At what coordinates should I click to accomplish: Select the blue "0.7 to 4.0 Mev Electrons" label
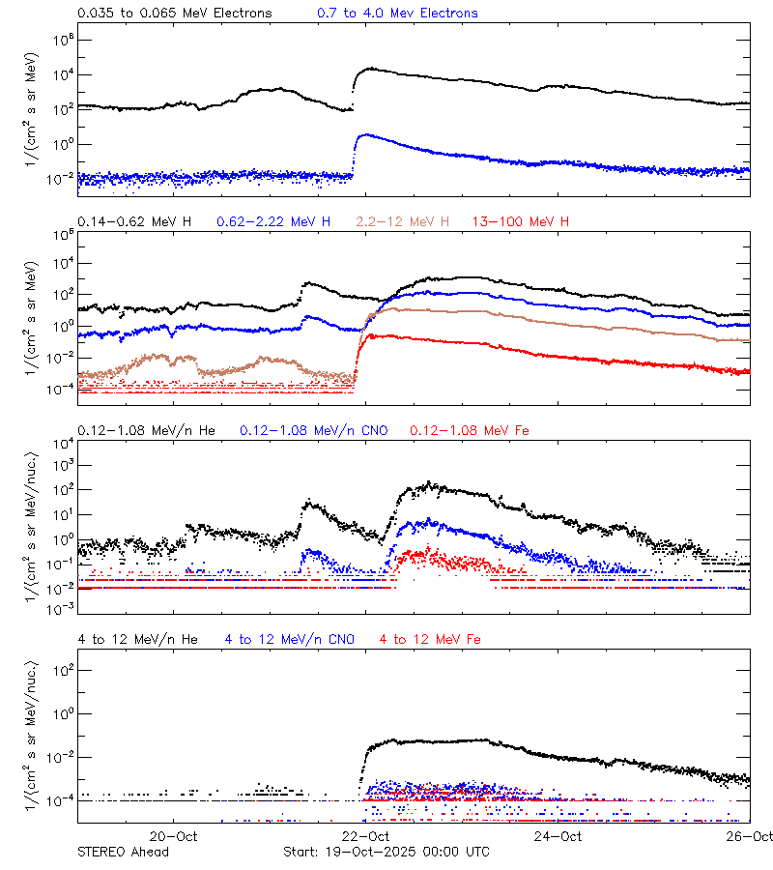click(x=397, y=14)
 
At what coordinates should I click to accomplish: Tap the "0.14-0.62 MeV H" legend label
click(x=134, y=222)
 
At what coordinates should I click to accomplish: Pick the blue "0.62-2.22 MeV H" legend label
click(x=273, y=222)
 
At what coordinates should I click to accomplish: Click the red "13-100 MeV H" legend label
click(x=521, y=222)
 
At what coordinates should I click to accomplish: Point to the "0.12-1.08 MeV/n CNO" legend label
click(x=313, y=430)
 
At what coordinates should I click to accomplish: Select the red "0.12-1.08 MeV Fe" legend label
click(x=470, y=430)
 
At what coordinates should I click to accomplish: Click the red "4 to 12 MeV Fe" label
click(x=430, y=639)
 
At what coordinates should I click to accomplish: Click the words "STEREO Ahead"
click(x=123, y=852)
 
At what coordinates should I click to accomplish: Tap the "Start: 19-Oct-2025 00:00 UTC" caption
click(x=386, y=852)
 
